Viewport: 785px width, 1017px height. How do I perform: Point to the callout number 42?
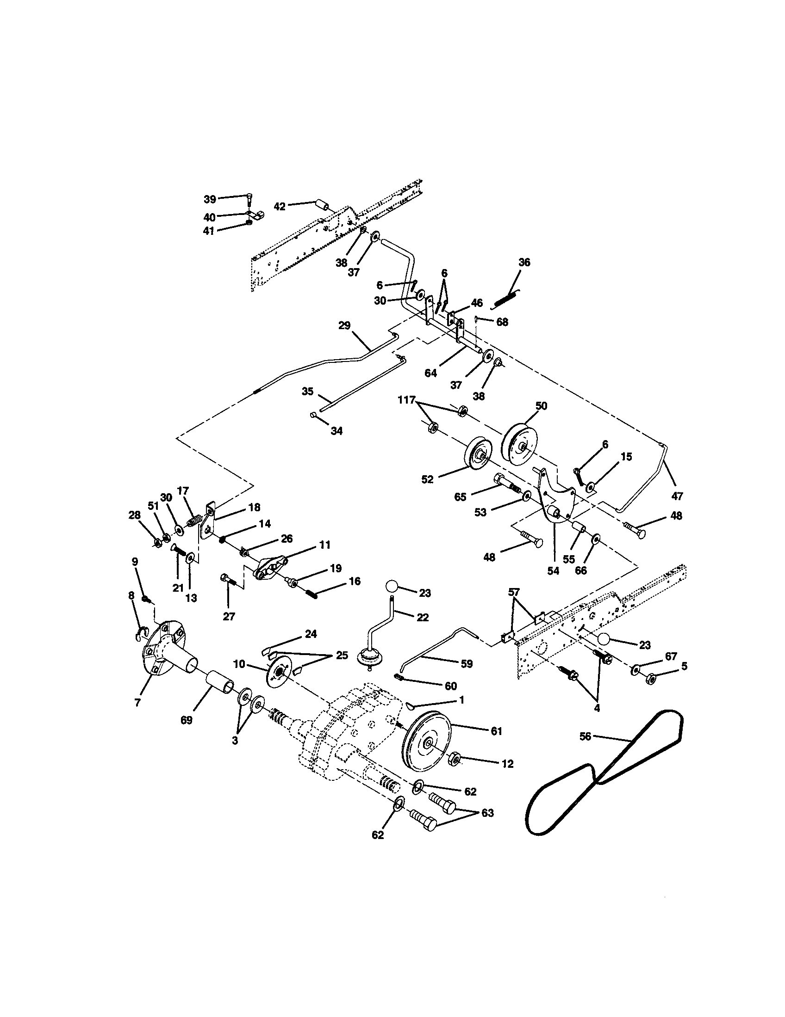coord(280,206)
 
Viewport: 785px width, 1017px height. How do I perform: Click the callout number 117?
coord(406,399)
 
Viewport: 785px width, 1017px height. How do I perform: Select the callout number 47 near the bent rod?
coord(677,496)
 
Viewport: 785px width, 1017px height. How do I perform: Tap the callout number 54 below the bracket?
coord(553,571)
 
